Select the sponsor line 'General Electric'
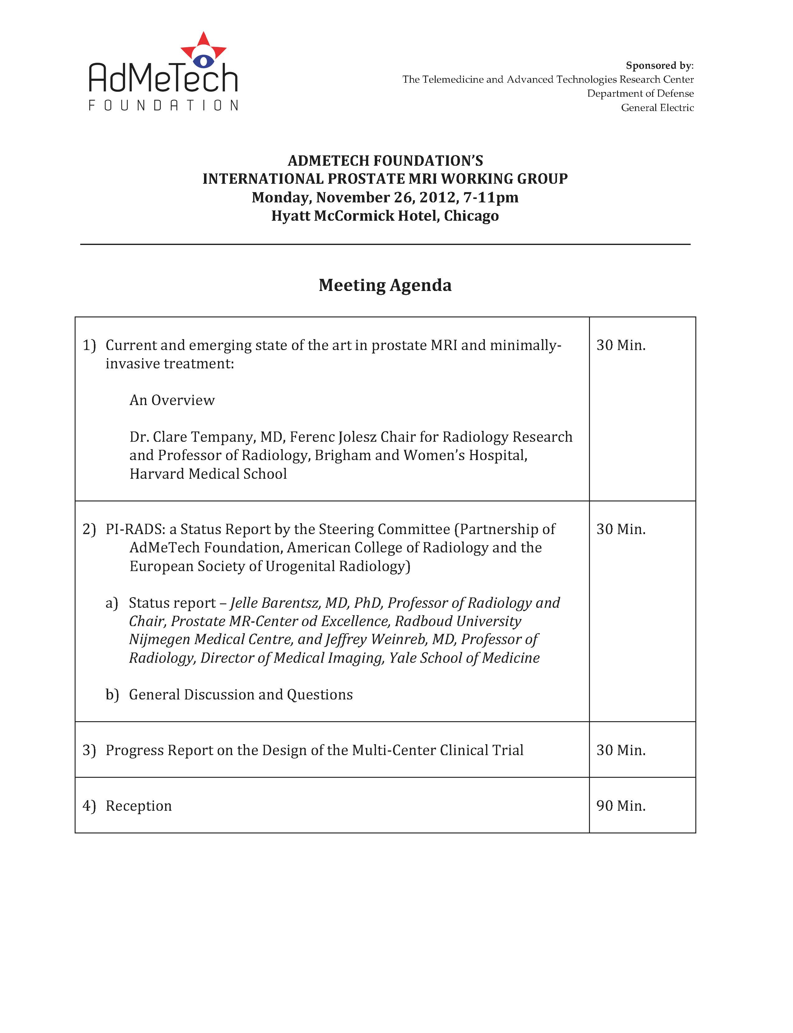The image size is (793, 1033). tap(657, 108)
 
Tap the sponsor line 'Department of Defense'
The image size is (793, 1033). tap(640, 94)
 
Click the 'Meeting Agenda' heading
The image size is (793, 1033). tap(385, 285)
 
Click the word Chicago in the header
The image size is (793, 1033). tap(471, 216)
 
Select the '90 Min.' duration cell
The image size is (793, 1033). tap(621, 805)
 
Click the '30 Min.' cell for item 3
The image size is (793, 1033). tap(621, 750)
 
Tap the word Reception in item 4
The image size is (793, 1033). tap(138, 805)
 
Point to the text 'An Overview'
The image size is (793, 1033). tap(172, 400)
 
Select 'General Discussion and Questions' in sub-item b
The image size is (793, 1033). tap(241, 695)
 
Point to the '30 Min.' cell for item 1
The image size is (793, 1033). tap(621, 345)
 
